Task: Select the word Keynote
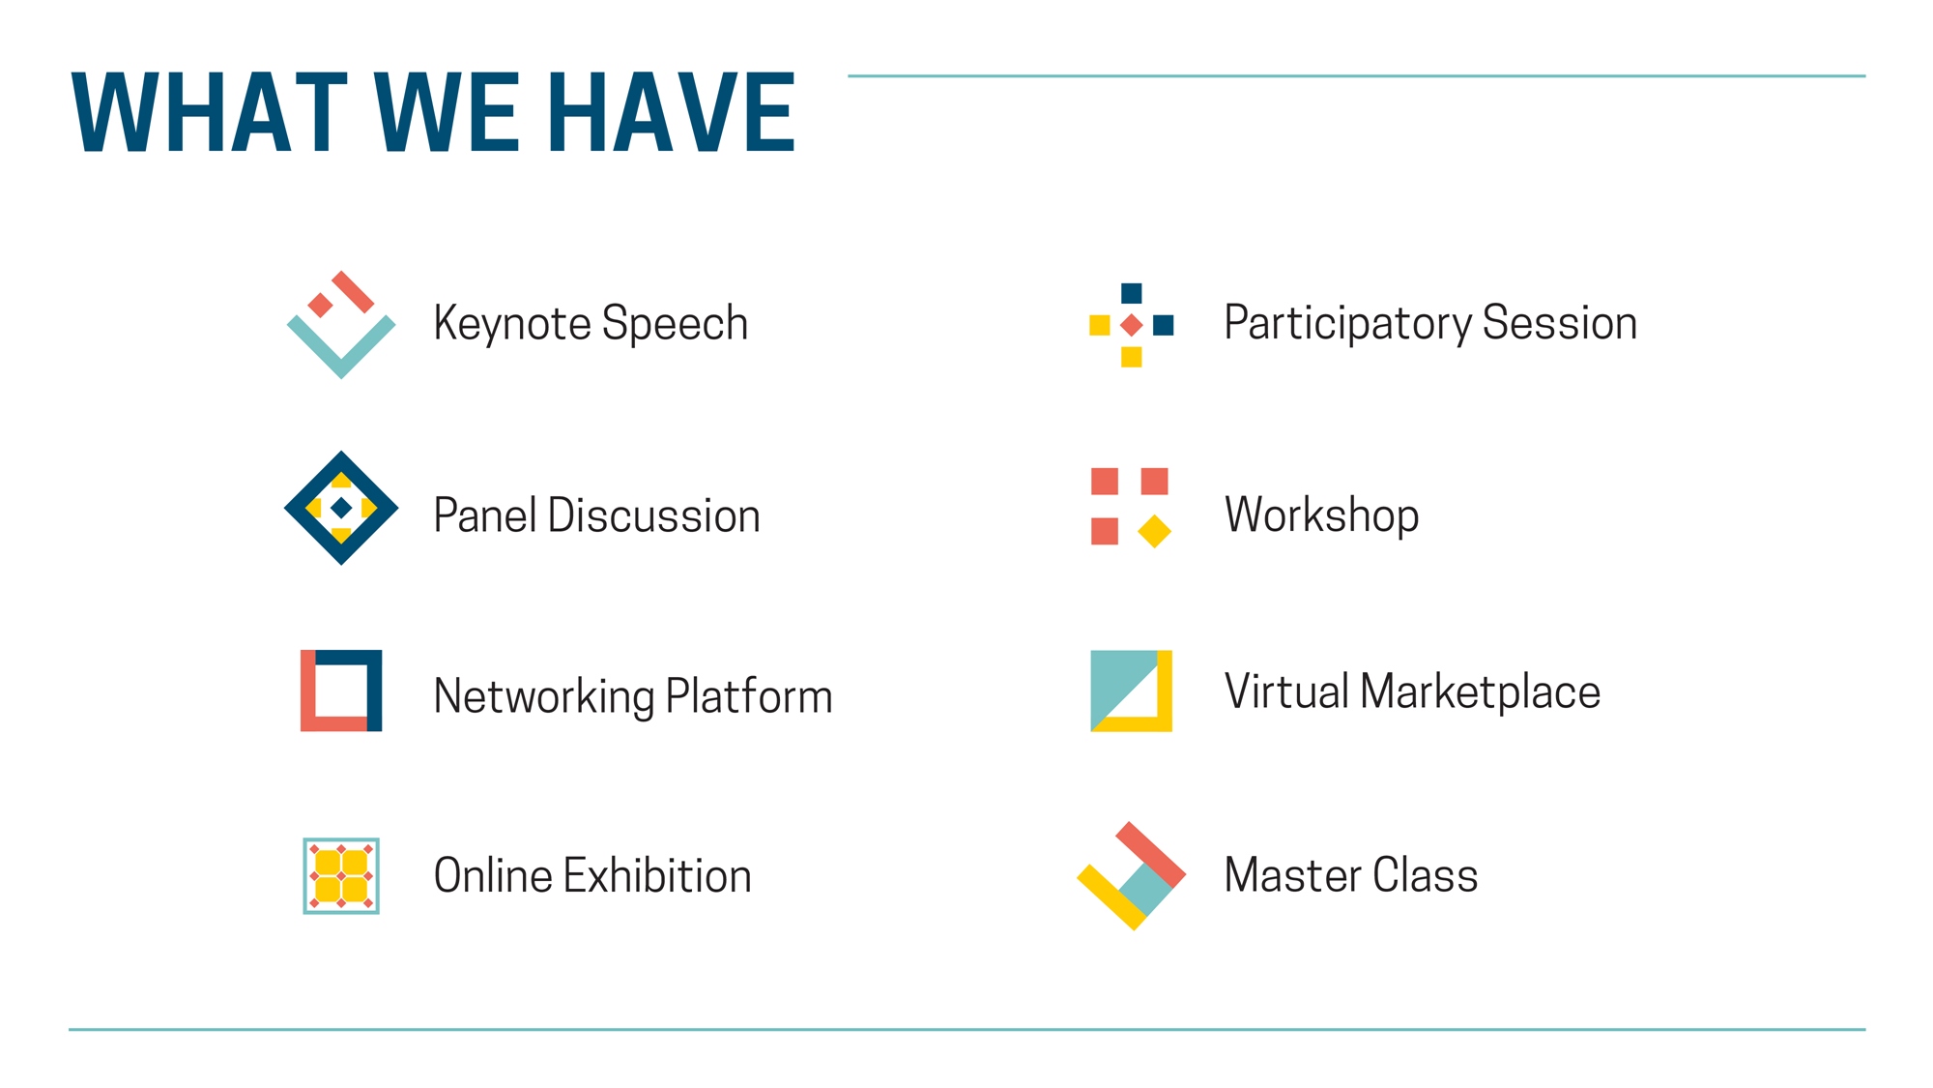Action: pyautogui.click(x=511, y=324)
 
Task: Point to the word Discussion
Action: pyautogui.click(x=654, y=515)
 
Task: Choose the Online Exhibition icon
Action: pyautogui.click(x=341, y=876)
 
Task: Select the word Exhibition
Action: pyautogui.click(x=658, y=876)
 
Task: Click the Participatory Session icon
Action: pyautogui.click(x=1132, y=325)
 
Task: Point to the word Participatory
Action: pyautogui.click(x=1348, y=324)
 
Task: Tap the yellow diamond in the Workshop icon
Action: pyautogui.click(x=1155, y=531)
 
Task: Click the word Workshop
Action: pyautogui.click(x=1322, y=515)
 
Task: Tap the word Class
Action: pyautogui.click(x=1426, y=875)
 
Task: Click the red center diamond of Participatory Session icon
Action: pyautogui.click(x=1132, y=325)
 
